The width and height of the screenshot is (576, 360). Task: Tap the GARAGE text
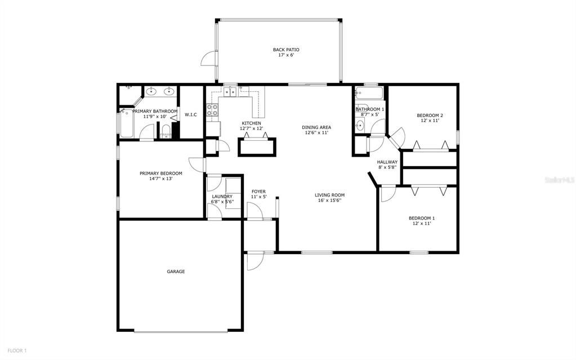(x=176, y=272)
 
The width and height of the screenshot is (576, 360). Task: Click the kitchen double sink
(x=230, y=91)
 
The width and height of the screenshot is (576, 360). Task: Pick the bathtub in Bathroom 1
(x=369, y=92)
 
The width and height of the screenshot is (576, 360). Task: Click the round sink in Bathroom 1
(x=360, y=125)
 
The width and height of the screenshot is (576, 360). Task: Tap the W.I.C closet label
(x=190, y=115)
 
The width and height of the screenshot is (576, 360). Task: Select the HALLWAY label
(x=387, y=162)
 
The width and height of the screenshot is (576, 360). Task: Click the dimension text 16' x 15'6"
(x=330, y=201)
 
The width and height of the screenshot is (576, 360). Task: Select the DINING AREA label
(x=316, y=127)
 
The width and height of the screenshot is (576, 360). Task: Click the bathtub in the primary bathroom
(x=126, y=123)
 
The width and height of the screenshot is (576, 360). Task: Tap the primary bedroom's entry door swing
(x=197, y=163)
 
